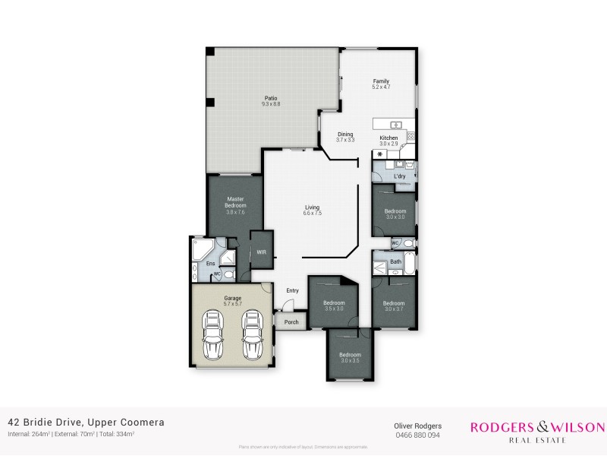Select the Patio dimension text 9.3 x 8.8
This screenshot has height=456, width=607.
[271, 104]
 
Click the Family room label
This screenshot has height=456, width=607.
[380, 81]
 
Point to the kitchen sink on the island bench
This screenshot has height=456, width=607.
[395, 124]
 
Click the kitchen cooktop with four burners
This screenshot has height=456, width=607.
[410, 136]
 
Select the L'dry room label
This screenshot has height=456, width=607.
[399, 176]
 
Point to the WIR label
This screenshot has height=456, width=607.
[261, 252]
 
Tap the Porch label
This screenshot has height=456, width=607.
[291, 322]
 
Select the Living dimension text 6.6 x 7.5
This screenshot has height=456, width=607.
[312, 214]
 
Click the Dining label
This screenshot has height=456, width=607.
[345, 134]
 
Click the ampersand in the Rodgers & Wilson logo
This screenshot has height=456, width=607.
[536, 427]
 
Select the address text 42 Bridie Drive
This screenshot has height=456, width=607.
[46, 422]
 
